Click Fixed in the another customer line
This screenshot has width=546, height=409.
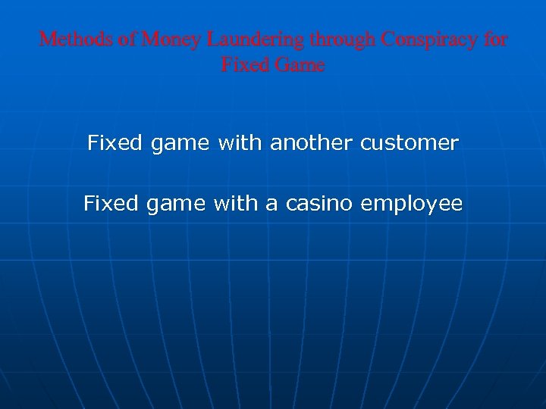115,142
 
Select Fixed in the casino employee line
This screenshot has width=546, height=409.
111,203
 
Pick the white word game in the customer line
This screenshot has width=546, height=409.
180,142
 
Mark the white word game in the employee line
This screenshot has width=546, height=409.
175,203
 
